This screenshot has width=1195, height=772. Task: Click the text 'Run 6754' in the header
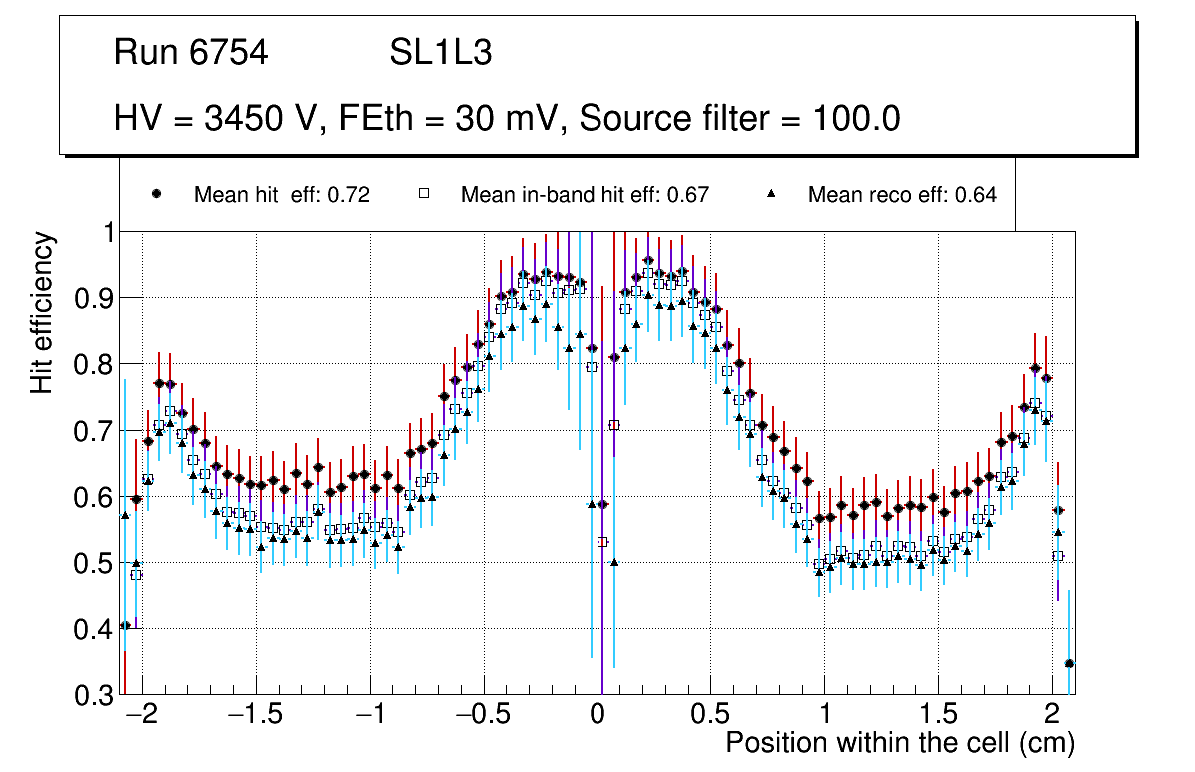pos(191,53)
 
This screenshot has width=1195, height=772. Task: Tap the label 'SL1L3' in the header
pos(440,53)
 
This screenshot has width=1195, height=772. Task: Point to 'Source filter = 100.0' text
pos(740,119)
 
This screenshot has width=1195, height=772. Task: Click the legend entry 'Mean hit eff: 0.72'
pos(281,195)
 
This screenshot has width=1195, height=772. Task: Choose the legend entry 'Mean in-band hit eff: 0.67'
pos(585,195)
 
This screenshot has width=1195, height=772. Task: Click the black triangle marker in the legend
pos(772,194)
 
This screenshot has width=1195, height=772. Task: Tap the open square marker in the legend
pos(424,194)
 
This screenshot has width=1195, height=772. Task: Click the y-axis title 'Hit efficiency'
pos(41,312)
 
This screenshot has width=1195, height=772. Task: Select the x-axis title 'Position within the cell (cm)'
pos(900,743)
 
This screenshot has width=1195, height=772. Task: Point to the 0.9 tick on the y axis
pos(94,298)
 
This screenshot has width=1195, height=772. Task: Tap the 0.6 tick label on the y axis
pos(94,497)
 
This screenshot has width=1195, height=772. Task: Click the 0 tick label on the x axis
pos(597,716)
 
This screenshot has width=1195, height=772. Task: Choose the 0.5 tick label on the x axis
pos(710,716)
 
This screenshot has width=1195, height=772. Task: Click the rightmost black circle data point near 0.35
pos(1069,663)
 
